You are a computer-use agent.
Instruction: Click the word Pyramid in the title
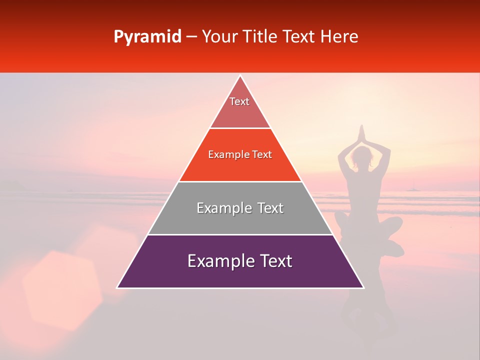tap(147, 37)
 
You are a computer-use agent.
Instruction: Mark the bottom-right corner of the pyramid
tap(363, 287)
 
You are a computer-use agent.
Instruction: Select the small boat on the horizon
tap(413, 188)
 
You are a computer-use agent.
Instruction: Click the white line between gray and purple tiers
tap(240, 234)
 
